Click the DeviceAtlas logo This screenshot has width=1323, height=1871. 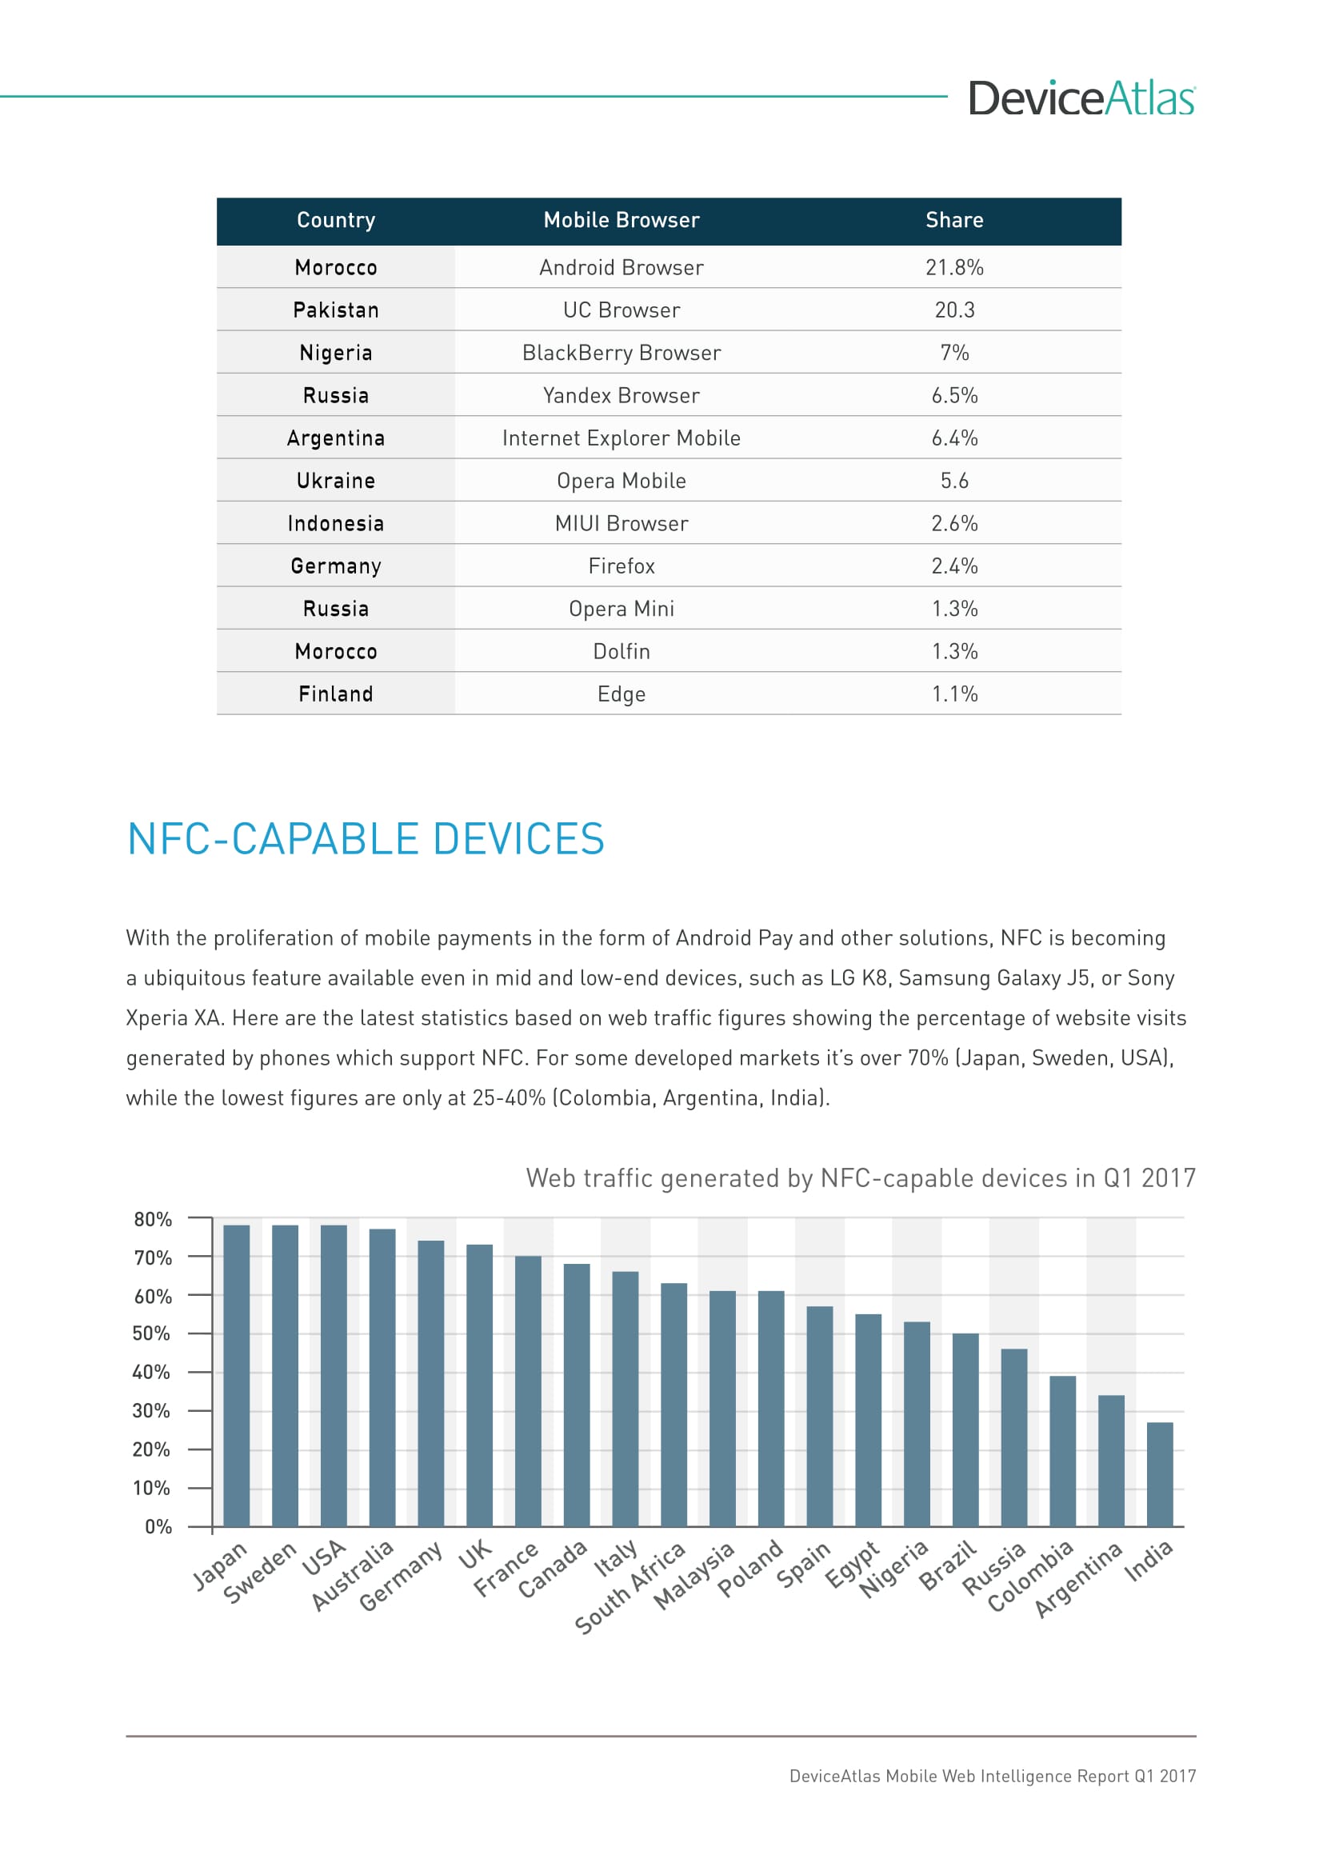[1081, 98]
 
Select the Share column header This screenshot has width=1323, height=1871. [954, 220]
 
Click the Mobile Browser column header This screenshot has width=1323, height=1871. [621, 220]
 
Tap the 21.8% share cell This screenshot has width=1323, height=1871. [954, 267]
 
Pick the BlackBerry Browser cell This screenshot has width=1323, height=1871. [621, 353]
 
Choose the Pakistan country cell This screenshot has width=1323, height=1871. [336, 310]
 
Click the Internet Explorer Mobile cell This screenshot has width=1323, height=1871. [621, 438]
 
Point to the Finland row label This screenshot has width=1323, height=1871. [336, 694]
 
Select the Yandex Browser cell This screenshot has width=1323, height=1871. [621, 395]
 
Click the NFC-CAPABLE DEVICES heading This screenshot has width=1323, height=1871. [366, 839]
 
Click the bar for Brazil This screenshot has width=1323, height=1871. [965, 1430]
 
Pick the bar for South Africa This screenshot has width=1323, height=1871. [673, 1405]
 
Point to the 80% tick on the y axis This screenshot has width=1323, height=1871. [153, 1220]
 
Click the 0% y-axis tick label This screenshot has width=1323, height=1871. [158, 1527]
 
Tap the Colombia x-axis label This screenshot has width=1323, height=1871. [1031, 1577]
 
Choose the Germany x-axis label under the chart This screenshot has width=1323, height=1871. [400, 1577]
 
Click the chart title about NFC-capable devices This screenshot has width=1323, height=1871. [861, 1178]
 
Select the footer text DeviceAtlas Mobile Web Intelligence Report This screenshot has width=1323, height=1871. [991, 1777]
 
